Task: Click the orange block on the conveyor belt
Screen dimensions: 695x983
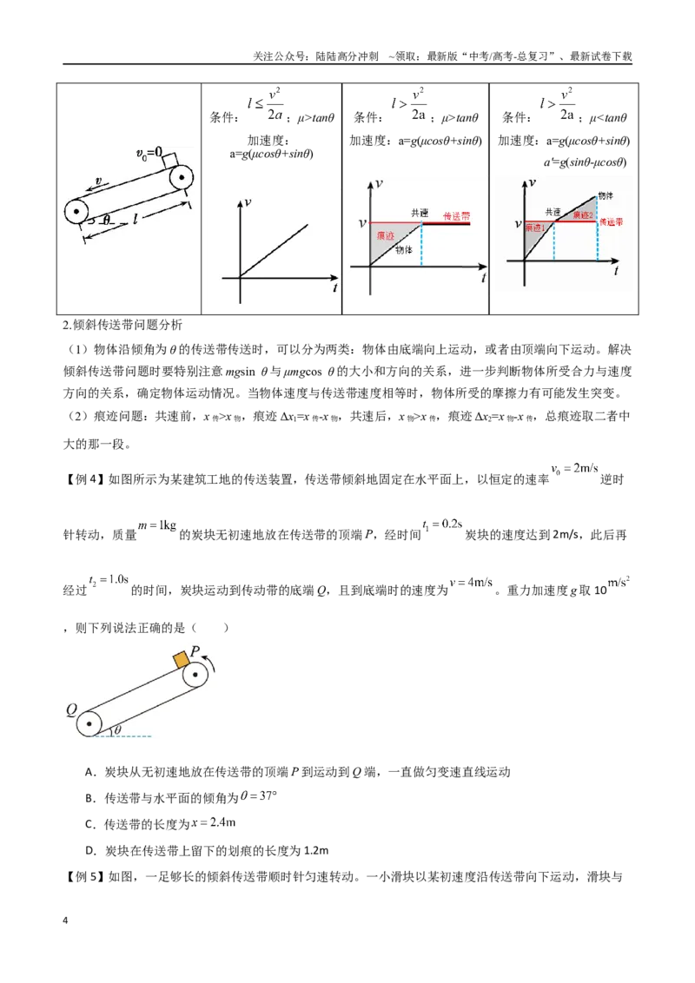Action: [182, 659]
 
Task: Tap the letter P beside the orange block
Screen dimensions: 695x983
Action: [195, 651]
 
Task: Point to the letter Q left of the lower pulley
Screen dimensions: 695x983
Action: [71, 710]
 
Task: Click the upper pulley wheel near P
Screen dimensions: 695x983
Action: [195, 676]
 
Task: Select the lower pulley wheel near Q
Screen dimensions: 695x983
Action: [89, 723]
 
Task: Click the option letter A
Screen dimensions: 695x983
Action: [89, 772]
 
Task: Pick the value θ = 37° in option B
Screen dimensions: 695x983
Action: [258, 796]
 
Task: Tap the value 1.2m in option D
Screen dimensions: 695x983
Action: [316, 851]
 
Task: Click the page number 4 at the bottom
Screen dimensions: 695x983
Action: [65, 920]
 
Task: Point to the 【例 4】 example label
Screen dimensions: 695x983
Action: [84, 479]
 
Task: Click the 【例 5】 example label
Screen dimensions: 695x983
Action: [84, 876]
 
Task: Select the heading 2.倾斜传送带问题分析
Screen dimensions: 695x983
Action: [123, 325]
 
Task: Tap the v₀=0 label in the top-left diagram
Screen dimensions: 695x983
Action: [149, 153]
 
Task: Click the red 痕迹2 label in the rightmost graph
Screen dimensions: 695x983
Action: [582, 215]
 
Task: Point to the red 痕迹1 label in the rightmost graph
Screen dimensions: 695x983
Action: [535, 228]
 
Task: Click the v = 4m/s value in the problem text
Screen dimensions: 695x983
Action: [471, 582]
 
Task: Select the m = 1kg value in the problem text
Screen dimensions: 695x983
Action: [157, 525]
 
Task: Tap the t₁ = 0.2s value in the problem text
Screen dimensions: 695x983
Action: [442, 524]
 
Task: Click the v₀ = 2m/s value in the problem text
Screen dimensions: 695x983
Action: [574, 469]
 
